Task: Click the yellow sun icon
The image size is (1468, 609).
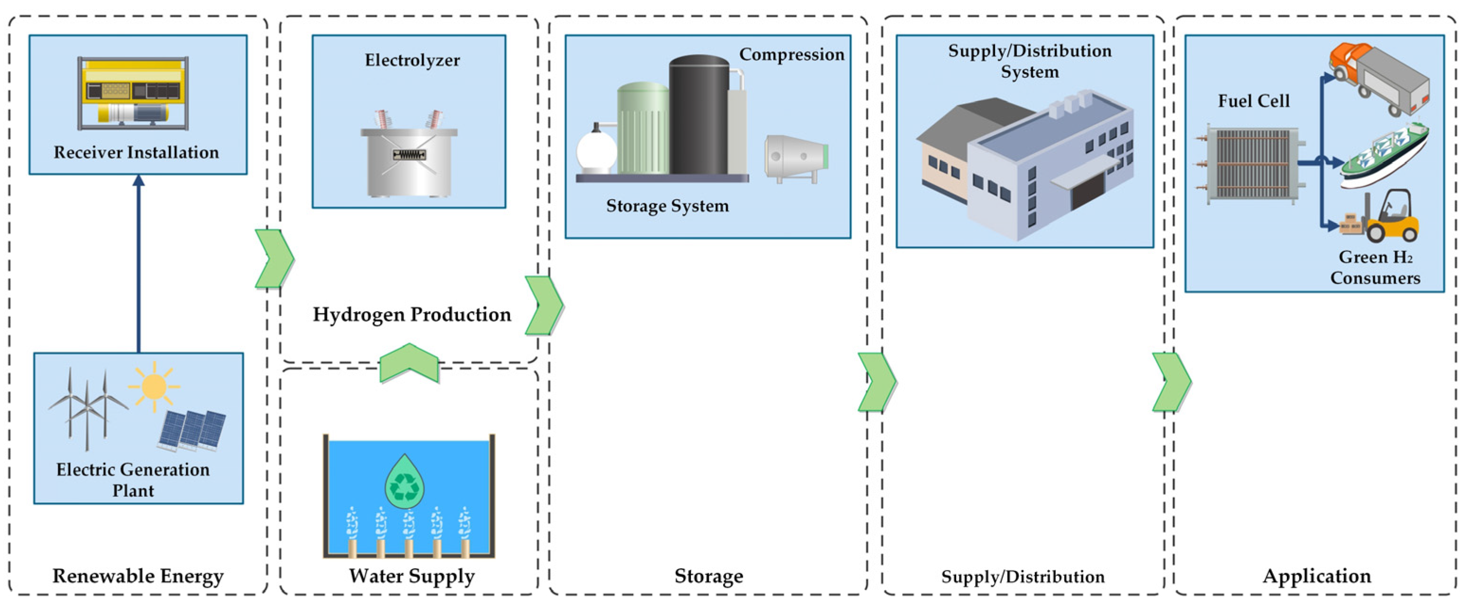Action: pos(154,387)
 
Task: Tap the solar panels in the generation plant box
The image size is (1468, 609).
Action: pos(192,429)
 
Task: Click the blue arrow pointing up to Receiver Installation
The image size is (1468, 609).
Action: pos(138,262)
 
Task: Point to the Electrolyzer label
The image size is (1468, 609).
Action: pos(412,60)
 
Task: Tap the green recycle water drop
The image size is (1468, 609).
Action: pos(404,482)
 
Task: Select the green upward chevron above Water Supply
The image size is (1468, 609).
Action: pos(409,361)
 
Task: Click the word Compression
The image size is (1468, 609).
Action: pos(791,54)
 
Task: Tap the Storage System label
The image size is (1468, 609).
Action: pos(667,205)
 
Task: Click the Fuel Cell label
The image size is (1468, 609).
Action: pos(1253,101)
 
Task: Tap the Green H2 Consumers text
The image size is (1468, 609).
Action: pos(1375,267)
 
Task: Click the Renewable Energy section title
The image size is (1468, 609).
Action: pos(138,576)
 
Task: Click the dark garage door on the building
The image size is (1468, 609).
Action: pos(1088,191)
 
